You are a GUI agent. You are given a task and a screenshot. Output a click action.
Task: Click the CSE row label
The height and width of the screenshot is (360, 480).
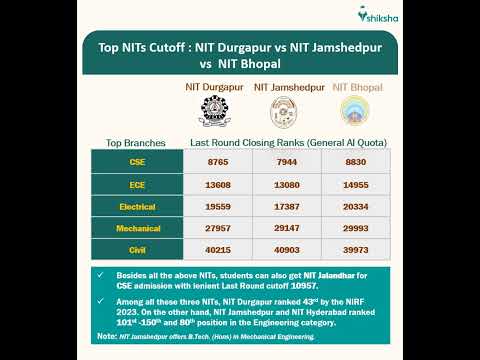tap(137, 161)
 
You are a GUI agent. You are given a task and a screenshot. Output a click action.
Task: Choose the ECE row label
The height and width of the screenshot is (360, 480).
tap(137, 184)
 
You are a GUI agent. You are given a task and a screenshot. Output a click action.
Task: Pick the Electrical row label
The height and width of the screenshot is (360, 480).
tap(137, 207)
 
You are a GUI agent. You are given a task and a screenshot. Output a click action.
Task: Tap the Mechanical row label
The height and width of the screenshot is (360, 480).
tap(137, 229)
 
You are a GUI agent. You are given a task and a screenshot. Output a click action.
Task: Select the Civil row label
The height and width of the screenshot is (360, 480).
tap(137, 252)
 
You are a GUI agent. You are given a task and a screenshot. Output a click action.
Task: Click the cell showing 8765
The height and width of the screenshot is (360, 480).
tap(217, 161)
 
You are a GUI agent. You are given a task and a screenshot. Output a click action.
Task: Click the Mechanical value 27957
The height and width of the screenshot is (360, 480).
tap(217, 229)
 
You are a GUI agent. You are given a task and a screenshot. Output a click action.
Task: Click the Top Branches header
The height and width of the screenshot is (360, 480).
tap(135, 142)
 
